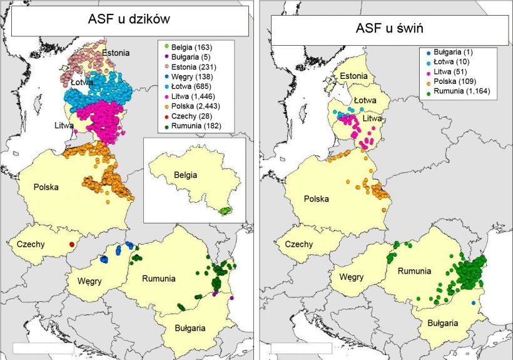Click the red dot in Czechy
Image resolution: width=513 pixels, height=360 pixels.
pos(72,244)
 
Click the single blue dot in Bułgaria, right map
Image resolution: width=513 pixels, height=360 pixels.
pos(474,302)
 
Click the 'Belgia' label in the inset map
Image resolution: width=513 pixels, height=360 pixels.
pos(185,175)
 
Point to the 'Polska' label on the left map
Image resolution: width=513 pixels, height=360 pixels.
pos(36,187)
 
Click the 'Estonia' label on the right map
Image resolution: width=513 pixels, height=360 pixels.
pos(354,77)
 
